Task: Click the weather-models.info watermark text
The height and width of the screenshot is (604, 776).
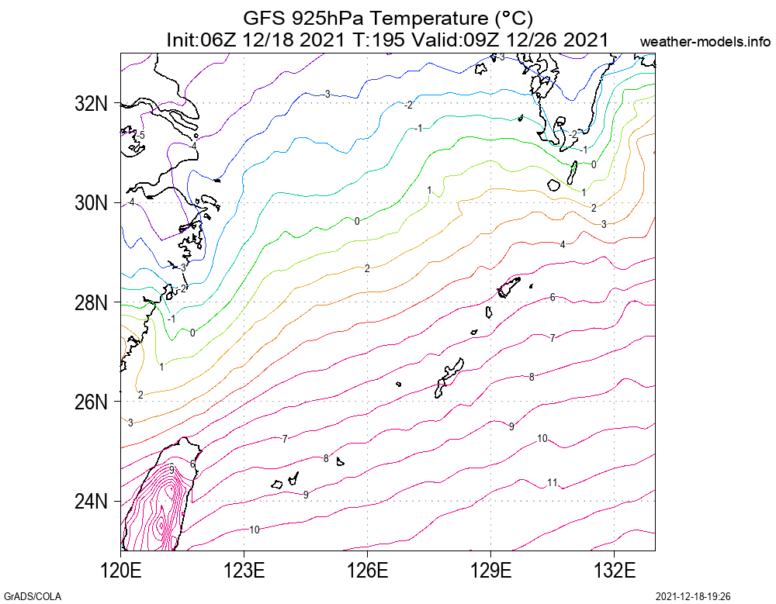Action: coord(706,42)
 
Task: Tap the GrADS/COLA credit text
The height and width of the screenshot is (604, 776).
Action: coord(32,596)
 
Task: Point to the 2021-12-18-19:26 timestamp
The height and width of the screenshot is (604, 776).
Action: coord(694,596)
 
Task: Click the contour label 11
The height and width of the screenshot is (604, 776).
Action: coord(553,482)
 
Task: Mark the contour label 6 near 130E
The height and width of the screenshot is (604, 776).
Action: coord(553,297)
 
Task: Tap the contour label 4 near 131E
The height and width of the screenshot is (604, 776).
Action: coord(563,244)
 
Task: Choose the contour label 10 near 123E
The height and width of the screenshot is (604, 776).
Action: coord(254,530)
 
